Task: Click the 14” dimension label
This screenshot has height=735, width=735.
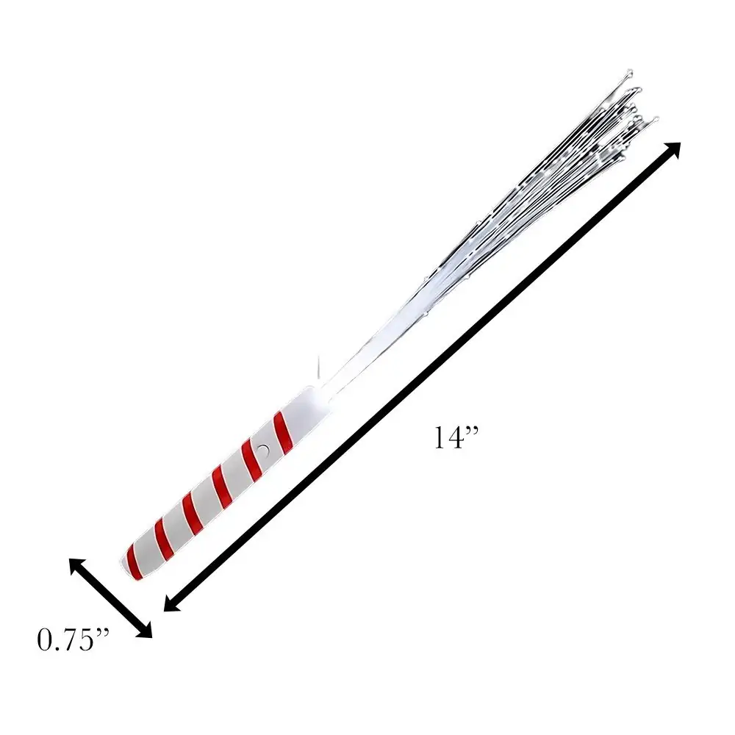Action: tap(455, 438)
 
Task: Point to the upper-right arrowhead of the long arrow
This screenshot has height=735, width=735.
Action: tap(673, 149)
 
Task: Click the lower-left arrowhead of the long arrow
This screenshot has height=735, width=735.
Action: tap(171, 603)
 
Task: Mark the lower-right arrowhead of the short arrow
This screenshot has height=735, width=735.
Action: tap(146, 631)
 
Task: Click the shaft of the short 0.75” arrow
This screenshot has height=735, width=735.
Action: tap(110, 598)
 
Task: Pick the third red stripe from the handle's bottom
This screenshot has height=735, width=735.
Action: tap(192, 510)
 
